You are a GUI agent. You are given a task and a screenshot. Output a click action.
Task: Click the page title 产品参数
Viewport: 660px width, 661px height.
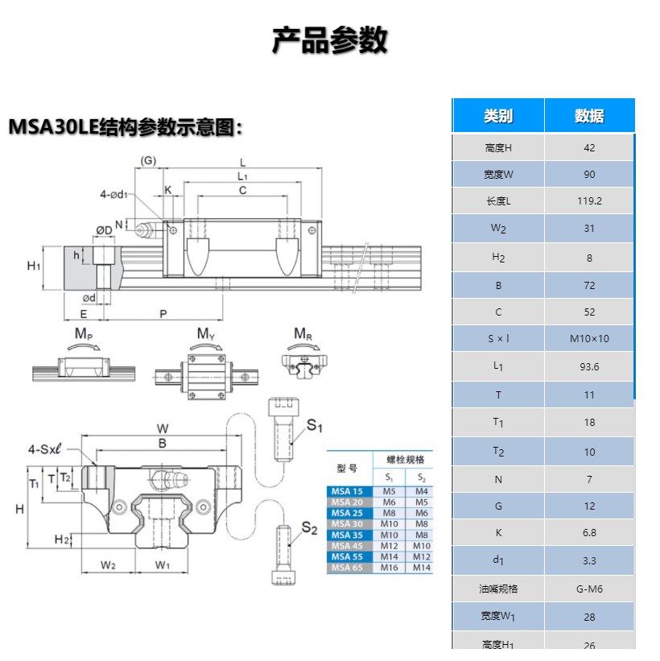[x=330, y=39]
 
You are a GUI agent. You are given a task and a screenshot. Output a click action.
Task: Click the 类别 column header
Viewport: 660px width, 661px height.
[x=498, y=116]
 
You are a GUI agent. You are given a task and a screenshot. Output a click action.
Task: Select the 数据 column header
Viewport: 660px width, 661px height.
[x=589, y=116]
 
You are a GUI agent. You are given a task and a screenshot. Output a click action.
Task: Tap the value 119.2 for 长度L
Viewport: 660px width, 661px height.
[x=589, y=201]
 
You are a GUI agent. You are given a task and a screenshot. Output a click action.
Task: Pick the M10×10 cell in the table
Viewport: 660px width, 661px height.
[x=589, y=339]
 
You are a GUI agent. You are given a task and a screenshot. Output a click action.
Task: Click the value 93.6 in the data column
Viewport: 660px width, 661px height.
[x=589, y=367]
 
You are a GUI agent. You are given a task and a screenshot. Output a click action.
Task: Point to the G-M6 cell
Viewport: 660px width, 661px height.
[x=589, y=589]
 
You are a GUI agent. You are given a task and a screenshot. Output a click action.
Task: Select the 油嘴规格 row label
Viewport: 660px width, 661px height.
[x=498, y=589]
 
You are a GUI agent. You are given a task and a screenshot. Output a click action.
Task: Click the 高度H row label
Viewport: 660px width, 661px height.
[x=498, y=148]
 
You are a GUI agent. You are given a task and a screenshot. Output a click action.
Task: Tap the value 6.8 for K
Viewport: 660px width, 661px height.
[x=589, y=533]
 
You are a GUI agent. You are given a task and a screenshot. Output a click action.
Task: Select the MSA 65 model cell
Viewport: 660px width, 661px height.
[x=347, y=568]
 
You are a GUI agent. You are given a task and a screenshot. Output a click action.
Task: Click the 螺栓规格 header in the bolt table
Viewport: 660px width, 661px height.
[x=405, y=460]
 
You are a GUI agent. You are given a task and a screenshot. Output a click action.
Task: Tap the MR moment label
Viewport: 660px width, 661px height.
[x=303, y=334]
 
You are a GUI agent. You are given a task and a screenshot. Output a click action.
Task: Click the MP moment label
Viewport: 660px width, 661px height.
[x=84, y=334]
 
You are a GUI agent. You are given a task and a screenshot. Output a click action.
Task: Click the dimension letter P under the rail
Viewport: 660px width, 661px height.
[x=163, y=314]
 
